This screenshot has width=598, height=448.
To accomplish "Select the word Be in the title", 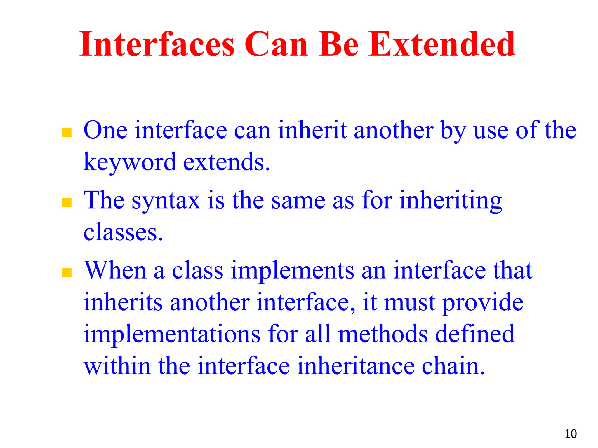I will tap(338, 44).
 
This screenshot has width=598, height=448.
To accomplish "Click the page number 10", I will tap(571, 434).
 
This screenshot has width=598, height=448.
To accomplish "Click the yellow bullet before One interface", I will tap(67, 133).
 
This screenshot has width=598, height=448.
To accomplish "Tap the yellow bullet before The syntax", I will tap(67, 202).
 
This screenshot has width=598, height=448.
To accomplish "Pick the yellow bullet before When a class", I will tap(67, 272).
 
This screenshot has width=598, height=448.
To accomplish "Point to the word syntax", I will tap(166, 201).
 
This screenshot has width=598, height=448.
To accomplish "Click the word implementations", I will tap(172, 334).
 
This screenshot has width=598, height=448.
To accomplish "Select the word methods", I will tap(383, 334).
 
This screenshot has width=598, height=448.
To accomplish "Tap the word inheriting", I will tap(451, 201).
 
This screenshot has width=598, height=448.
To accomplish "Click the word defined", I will tap(475, 334).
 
